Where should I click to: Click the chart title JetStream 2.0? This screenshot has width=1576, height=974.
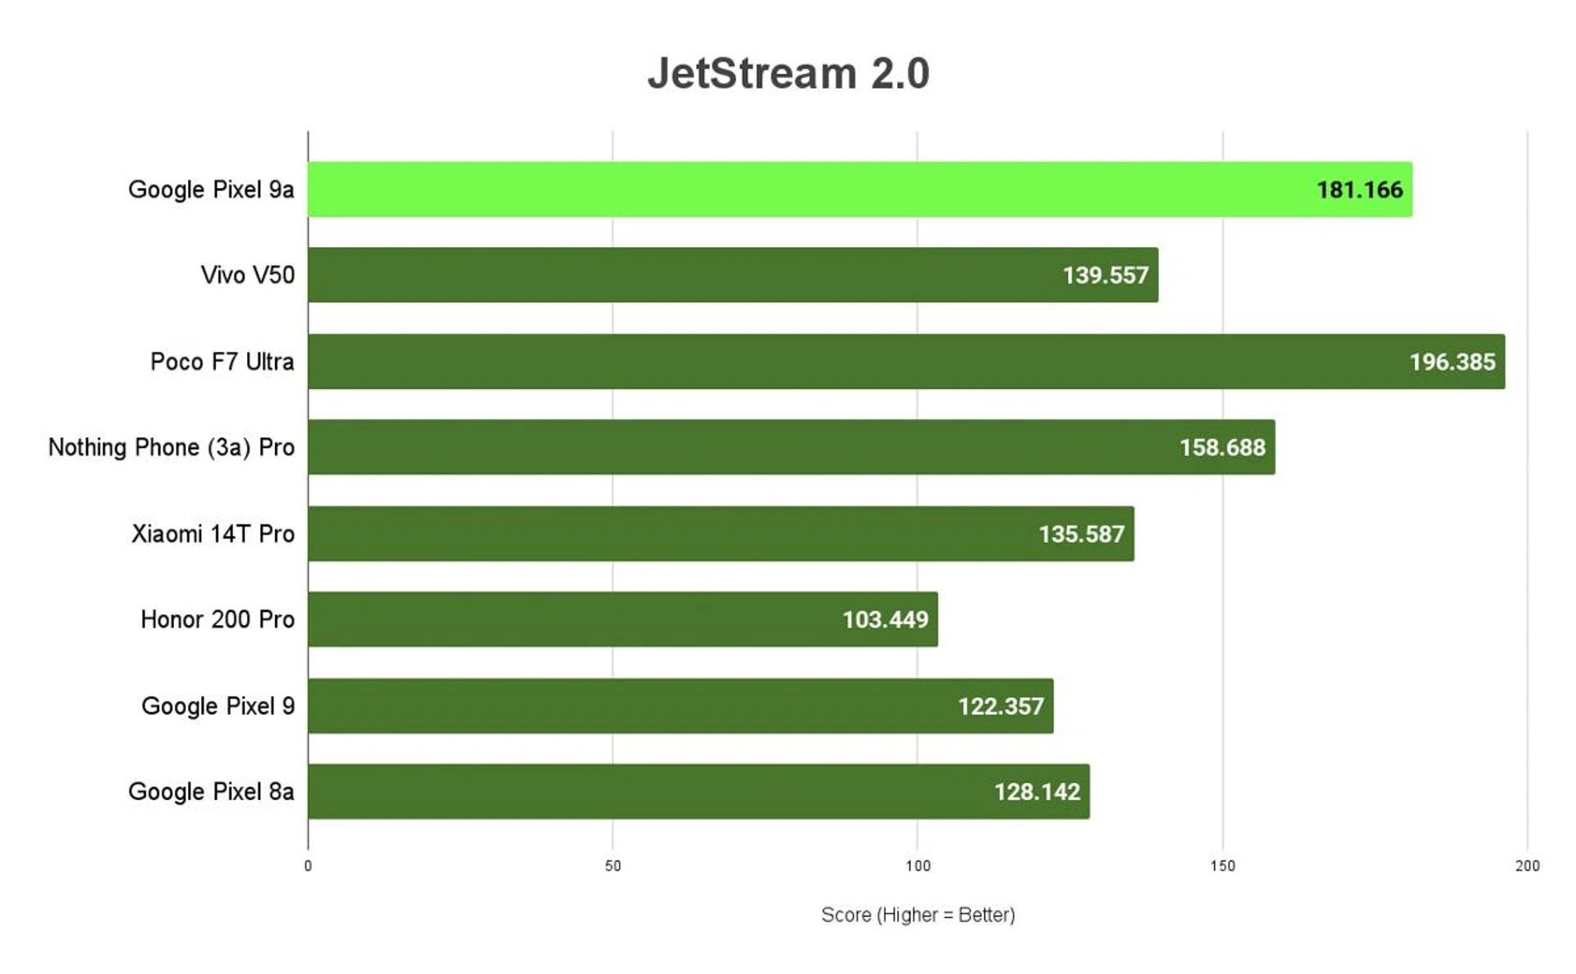[x=788, y=74]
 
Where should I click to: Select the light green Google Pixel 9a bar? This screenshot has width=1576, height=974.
[x=804, y=190]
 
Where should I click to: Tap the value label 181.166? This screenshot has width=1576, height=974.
[x=1359, y=190]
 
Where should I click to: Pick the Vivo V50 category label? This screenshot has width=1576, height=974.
[x=247, y=275]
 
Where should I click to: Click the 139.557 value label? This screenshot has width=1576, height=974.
[x=1105, y=276]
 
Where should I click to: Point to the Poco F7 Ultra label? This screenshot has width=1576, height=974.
[x=222, y=362]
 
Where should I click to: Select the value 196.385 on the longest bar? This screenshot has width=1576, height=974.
[x=1452, y=362]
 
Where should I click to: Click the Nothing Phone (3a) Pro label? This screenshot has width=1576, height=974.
[x=171, y=447]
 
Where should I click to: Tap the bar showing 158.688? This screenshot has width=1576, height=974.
[x=739, y=447]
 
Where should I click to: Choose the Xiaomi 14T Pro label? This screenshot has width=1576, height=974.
[x=213, y=534]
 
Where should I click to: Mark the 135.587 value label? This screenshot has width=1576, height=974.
[x=1081, y=534]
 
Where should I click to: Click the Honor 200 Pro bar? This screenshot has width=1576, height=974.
[x=575, y=620]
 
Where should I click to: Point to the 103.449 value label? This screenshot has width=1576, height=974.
[x=885, y=620]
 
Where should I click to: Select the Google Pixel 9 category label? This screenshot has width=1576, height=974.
[x=218, y=706]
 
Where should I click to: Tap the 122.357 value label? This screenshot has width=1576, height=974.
[x=1001, y=706]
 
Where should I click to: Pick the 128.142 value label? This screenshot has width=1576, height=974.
[x=1037, y=792]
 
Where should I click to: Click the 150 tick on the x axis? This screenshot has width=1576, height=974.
[x=1222, y=866]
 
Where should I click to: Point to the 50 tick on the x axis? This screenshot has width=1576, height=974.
[x=612, y=866]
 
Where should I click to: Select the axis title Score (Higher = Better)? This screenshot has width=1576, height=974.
[x=918, y=915]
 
